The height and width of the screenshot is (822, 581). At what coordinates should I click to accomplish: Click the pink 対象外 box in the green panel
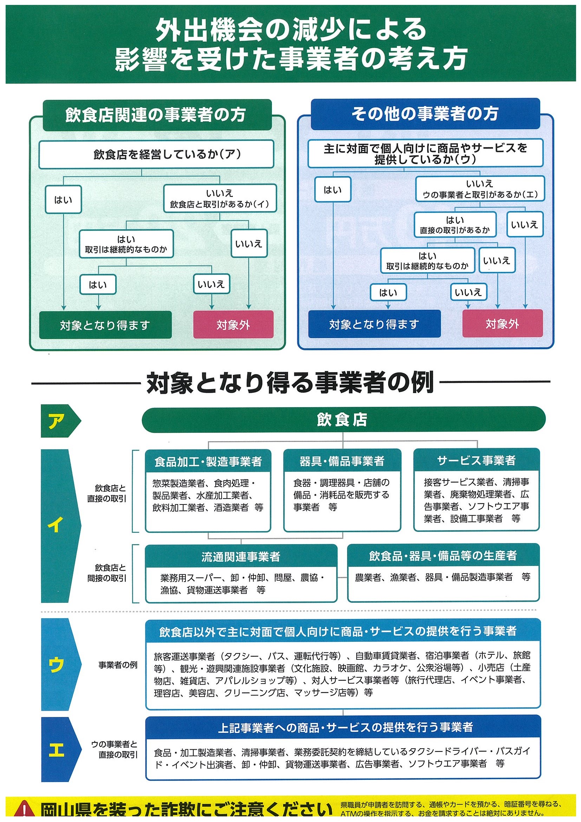coord(233,324)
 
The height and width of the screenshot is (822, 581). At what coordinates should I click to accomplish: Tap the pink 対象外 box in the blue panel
coord(502,324)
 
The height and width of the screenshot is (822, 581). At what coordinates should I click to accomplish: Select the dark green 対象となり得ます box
coord(105,325)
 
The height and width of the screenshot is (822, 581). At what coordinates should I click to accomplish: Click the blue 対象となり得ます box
coord(374,324)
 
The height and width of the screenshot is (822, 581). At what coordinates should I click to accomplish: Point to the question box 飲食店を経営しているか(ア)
coord(156,154)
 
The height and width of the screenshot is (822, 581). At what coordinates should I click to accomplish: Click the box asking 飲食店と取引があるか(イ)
coord(220,199)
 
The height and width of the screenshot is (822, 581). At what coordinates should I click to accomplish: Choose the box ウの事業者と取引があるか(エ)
coord(480,189)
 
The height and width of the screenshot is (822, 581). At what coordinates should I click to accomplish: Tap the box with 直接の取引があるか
coord(455,225)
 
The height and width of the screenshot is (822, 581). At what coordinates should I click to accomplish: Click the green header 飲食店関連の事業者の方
coord(156,115)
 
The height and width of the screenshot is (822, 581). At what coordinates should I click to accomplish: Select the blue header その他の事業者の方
coord(425,114)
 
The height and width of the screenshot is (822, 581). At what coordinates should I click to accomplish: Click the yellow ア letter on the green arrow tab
coord(56,421)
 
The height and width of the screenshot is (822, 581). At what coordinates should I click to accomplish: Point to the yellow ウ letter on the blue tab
coord(56,665)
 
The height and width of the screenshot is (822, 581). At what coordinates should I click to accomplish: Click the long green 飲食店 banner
coord(343,419)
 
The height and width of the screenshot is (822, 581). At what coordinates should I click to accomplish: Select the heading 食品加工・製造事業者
coord(208,462)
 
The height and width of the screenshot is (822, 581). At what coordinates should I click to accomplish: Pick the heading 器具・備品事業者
coord(342,461)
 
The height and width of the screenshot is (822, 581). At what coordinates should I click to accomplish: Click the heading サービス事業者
coord(476,460)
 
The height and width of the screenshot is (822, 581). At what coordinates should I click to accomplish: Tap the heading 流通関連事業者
coord(241,556)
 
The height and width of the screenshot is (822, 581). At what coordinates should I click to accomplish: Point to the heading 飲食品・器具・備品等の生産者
coord(443,555)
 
